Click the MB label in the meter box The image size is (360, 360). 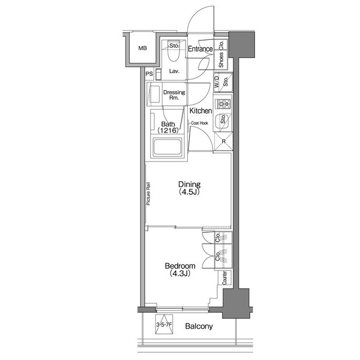point(142,48)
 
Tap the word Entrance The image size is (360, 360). point(200,49)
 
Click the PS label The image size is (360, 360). point(149,74)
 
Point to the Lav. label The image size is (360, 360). point(174,71)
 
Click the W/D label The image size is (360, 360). point(217,82)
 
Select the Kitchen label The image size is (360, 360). point(200,111)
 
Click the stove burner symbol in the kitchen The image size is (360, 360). point(223,103)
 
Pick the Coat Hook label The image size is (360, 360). point(200,123)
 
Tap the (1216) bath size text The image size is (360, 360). point(168,131)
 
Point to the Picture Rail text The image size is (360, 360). point(148,194)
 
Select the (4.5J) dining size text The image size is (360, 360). point(190,192)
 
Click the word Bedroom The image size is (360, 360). point(180,266)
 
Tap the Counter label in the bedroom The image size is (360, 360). point(224,278)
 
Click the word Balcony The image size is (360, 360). point(199,326)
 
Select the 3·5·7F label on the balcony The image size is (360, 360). point(164,325)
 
